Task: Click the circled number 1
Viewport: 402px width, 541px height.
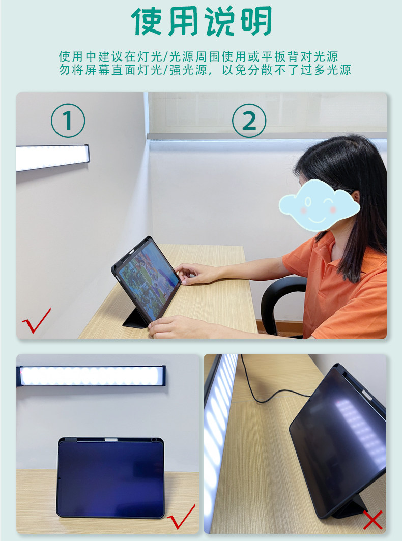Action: pyautogui.click(x=68, y=121)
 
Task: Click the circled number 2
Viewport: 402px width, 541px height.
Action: pyautogui.click(x=249, y=121)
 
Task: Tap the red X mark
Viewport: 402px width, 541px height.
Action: pyautogui.click(x=372, y=520)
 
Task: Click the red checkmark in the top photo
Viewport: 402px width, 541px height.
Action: pyautogui.click(x=36, y=321)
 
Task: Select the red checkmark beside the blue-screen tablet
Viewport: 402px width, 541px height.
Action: pyautogui.click(x=181, y=517)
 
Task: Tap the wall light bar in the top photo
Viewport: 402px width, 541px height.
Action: pyautogui.click(x=53, y=158)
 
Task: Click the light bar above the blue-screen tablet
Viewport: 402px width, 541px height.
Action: pyautogui.click(x=91, y=376)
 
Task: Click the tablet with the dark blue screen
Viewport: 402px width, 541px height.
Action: pyautogui.click(x=110, y=477)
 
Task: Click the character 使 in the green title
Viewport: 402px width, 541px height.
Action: pyautogui.click(x=147, y=21)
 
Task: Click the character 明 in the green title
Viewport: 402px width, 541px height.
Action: pyautogui.click(x=255, y=21)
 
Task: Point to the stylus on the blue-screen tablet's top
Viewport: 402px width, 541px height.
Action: pyautogui.click(x=111, y=440)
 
